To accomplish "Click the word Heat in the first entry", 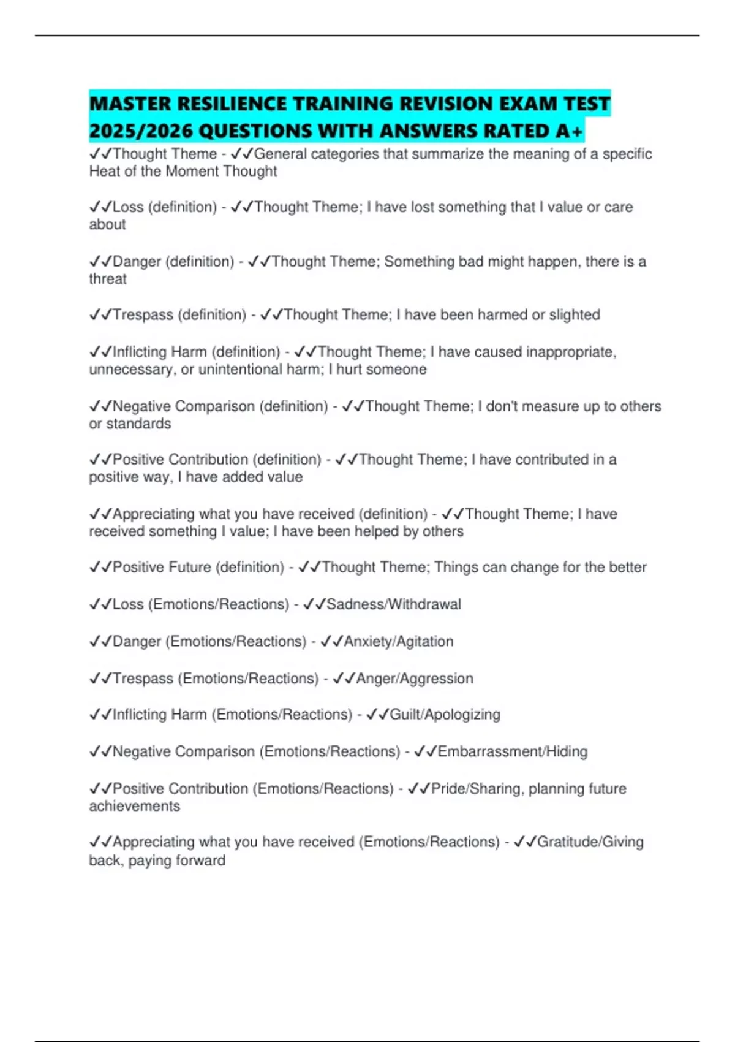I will (x=105, y=171).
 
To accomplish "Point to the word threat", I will (x=108, y=279).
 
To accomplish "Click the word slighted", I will (x=575, y=314).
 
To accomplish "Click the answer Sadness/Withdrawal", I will (x=394, y=604).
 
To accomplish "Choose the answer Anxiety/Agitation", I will (x=399, y=641).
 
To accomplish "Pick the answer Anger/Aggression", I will (x=415, y=678).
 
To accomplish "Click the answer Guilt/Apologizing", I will (x=445, y=714).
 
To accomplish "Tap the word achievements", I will (x=135, y=806).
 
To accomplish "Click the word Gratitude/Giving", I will (x=590, y=842).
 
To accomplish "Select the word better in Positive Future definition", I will (x=627, y=567).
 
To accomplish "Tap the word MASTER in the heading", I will (x=130, y=104).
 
